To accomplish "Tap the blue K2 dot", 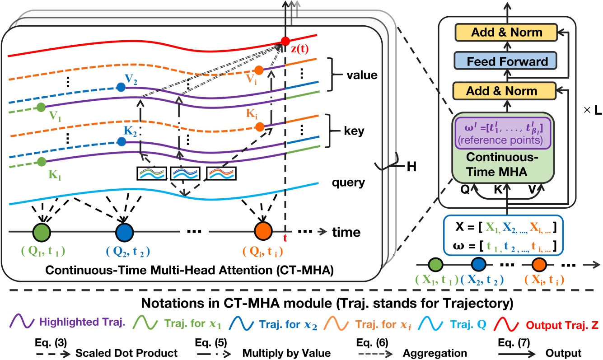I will pyautogui.click(x=121, y=141).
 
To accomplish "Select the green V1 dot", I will pyautogui.click(x=41, y=108).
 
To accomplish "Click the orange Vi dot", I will pyautogui.click(x=258, y=70).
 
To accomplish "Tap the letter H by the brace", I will pyautogui.click(x=411, y=167).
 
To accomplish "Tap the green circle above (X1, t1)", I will pyautogui.click(x=435, y=264).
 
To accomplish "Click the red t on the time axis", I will pyautogui.click(x=285, y=239).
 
